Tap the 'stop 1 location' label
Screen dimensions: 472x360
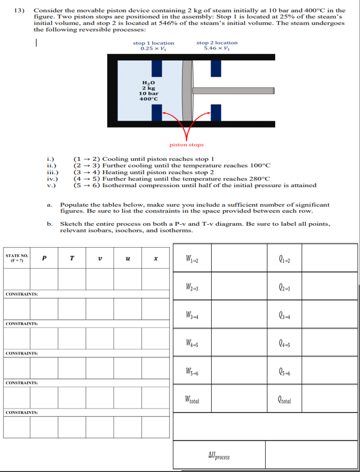(153, 43)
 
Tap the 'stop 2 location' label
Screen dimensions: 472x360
(217, 43)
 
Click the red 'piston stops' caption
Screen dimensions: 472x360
(186, 144)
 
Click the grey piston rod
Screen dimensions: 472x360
(236, 90)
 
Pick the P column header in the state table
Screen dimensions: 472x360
(44, 258)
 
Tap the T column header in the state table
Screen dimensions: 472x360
(72, 258)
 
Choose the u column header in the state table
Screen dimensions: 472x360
(129, 258)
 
